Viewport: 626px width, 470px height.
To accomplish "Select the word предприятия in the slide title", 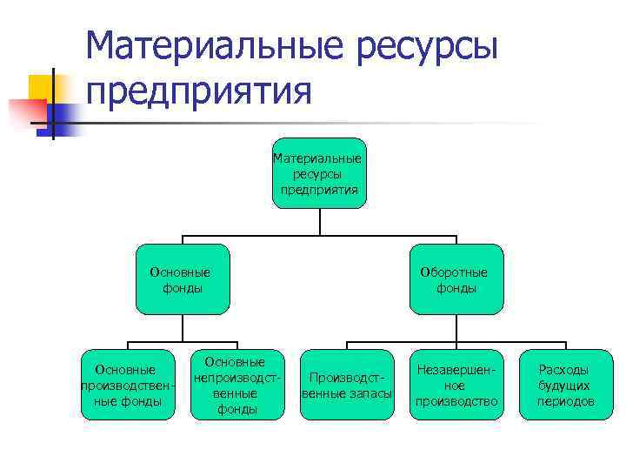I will [x=199, y=91].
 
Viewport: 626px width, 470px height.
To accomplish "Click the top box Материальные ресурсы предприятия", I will [x=319, y=173].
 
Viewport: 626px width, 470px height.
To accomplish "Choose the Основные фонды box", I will [x=183, y=279].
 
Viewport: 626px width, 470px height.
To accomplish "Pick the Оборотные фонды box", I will [x=456, y=279].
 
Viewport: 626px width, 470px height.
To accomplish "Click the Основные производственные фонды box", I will [x=127, y=385].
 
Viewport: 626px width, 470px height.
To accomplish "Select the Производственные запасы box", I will [x=347, y=385].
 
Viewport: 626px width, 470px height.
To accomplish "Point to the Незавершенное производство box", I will [x=456, y=385].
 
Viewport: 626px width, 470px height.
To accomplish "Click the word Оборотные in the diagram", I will [x=454, y=272].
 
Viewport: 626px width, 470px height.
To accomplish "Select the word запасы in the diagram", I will [x=374, y=393].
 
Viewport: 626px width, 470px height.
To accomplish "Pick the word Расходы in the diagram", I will [x=563, y=370].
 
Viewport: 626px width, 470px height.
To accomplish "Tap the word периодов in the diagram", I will [x=565, y=401].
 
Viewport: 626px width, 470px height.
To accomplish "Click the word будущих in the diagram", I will [x=564, y=386].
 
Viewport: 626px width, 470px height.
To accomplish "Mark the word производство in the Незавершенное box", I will [x=456, y=401].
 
